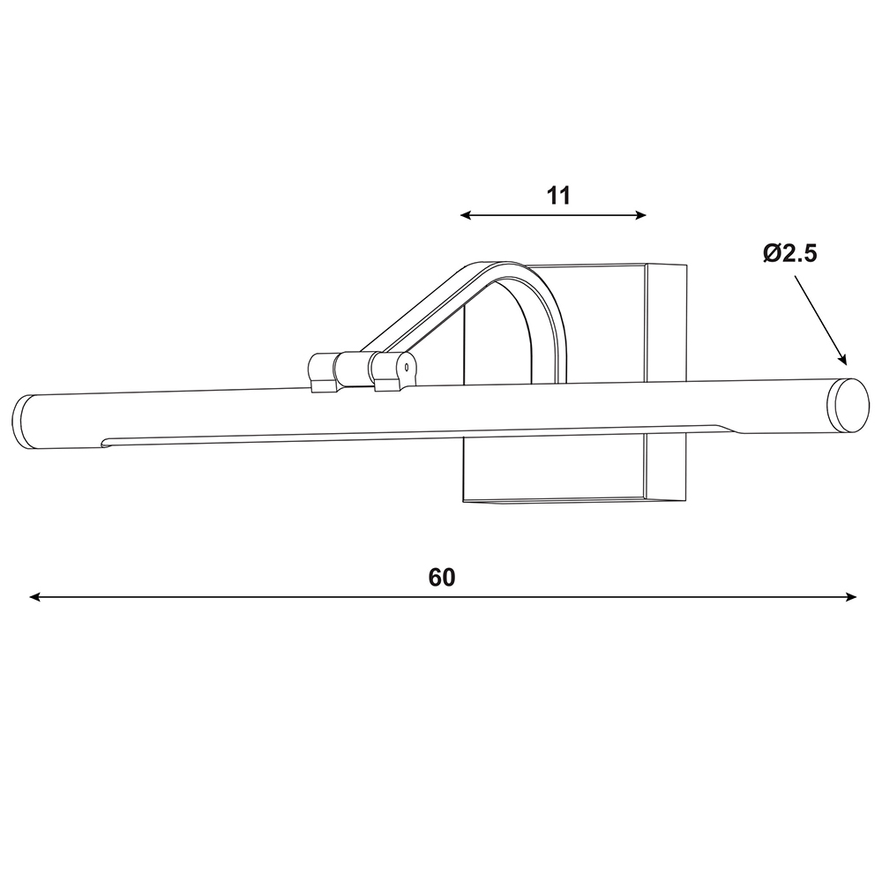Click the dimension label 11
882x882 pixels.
(558, 196)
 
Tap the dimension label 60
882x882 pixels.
(442, 578)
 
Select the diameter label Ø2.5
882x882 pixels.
(789, 254)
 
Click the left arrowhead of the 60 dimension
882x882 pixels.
(34, 597)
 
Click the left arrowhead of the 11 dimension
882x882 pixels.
(465, 215)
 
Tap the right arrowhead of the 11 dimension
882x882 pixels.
(640, 215)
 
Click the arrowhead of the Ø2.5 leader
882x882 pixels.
(842, 360)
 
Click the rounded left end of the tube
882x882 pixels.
(21, 422)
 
